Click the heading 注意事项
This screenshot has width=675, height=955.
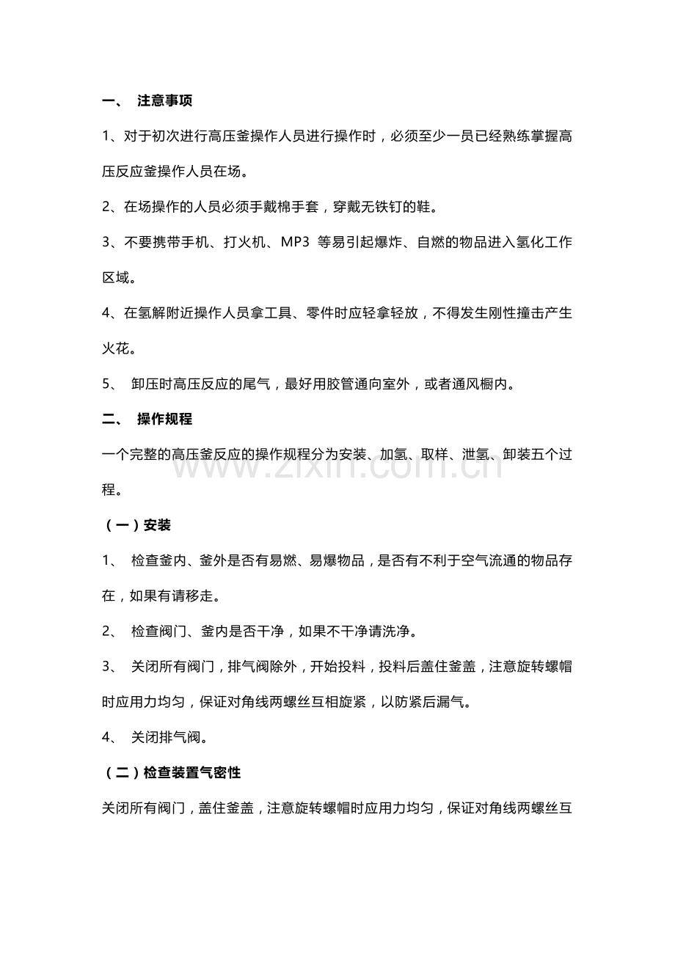tap(164, 101)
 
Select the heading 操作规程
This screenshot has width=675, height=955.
tap(164, 420)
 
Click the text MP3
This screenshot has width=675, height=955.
tap(296, 243)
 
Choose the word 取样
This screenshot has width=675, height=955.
tap(431, 455)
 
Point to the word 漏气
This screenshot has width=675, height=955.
tap(454, 701)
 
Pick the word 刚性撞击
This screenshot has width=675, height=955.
tap(503, 313)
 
